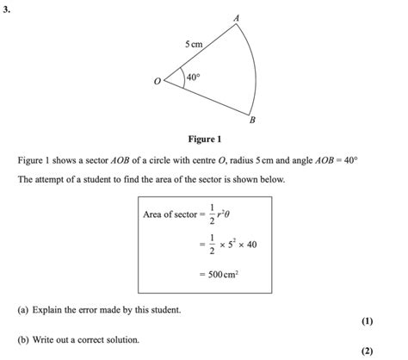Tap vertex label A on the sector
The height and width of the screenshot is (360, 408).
[237, 18]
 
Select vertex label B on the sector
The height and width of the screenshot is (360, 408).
[252, 121]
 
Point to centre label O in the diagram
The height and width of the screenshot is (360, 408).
[157, 83]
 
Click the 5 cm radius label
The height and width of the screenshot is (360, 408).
[193, 43]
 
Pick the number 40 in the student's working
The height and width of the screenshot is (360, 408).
[251, 245]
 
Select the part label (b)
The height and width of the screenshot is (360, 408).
[22, 340]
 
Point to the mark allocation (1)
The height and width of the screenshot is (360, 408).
[368, 321]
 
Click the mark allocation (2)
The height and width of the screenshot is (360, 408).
[368, 351]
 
